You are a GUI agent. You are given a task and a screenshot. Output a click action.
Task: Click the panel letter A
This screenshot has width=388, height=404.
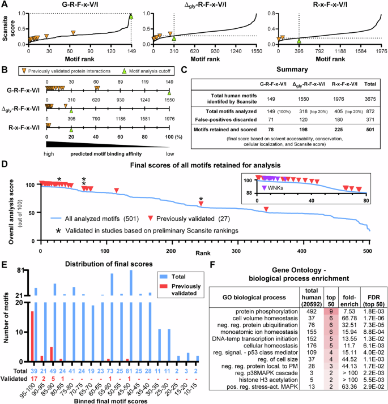click(x=5, y=5)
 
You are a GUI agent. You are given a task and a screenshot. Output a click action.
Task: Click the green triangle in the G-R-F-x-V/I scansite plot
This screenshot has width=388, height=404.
click(x=131, y=16)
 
